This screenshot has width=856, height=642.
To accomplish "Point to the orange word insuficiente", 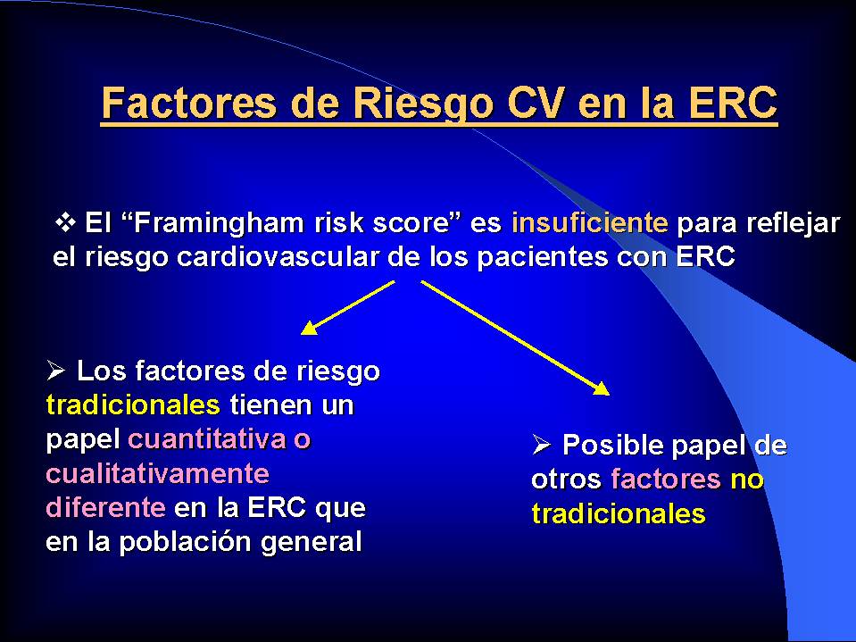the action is [x=590, y=222].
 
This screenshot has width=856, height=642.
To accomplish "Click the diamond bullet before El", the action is [x=65, y=222].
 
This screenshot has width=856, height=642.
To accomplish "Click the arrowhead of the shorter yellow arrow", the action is [x=310, y=328].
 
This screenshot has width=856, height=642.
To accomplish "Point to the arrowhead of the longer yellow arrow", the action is [x=601, y=388].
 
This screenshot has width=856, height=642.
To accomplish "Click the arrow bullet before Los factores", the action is [x=55, y=371].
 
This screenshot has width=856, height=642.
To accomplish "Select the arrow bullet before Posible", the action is [x=541, y=445].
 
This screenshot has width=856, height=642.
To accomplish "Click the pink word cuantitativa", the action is [x=207, y=440].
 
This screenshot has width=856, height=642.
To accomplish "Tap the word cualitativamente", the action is [x=158, y=473].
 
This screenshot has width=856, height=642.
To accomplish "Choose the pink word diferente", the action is [x=106, y=507].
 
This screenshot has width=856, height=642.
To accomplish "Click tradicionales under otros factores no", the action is [x=619, y=514].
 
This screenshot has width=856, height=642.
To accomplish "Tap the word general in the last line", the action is [x=312, y=543].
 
